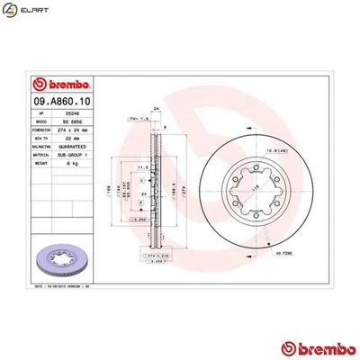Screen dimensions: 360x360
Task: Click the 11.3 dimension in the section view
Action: (141, 166)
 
